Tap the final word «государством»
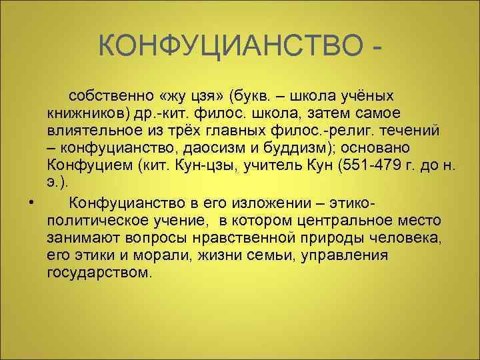(100, 273)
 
